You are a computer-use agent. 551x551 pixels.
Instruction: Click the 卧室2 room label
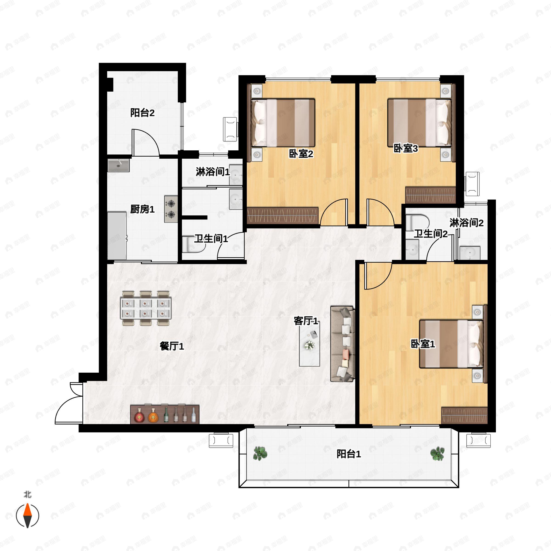(x=301, y=154)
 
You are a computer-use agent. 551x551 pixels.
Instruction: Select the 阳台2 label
(x=142, y=113)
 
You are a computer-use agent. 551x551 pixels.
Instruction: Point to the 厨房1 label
(x=142, y=209)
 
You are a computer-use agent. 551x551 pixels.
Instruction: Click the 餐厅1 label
(x=172, y=346)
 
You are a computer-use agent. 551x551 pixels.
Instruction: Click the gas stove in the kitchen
(x=171, y=209)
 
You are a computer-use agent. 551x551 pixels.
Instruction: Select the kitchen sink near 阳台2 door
(x=118, y=165)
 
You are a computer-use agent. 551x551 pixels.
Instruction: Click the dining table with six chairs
(x=146, y=308)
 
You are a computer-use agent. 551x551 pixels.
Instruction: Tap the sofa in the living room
(x=342, y=344)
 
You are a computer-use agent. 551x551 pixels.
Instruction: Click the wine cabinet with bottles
(x=165, y=414)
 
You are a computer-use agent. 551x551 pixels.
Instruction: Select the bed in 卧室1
(x=451, y=344)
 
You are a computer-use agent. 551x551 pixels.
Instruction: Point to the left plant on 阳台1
(x=260, y=453)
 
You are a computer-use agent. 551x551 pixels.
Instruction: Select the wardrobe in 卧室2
(x=282, y=215)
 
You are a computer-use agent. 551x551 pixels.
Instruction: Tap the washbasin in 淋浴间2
(x=470, y=253)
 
